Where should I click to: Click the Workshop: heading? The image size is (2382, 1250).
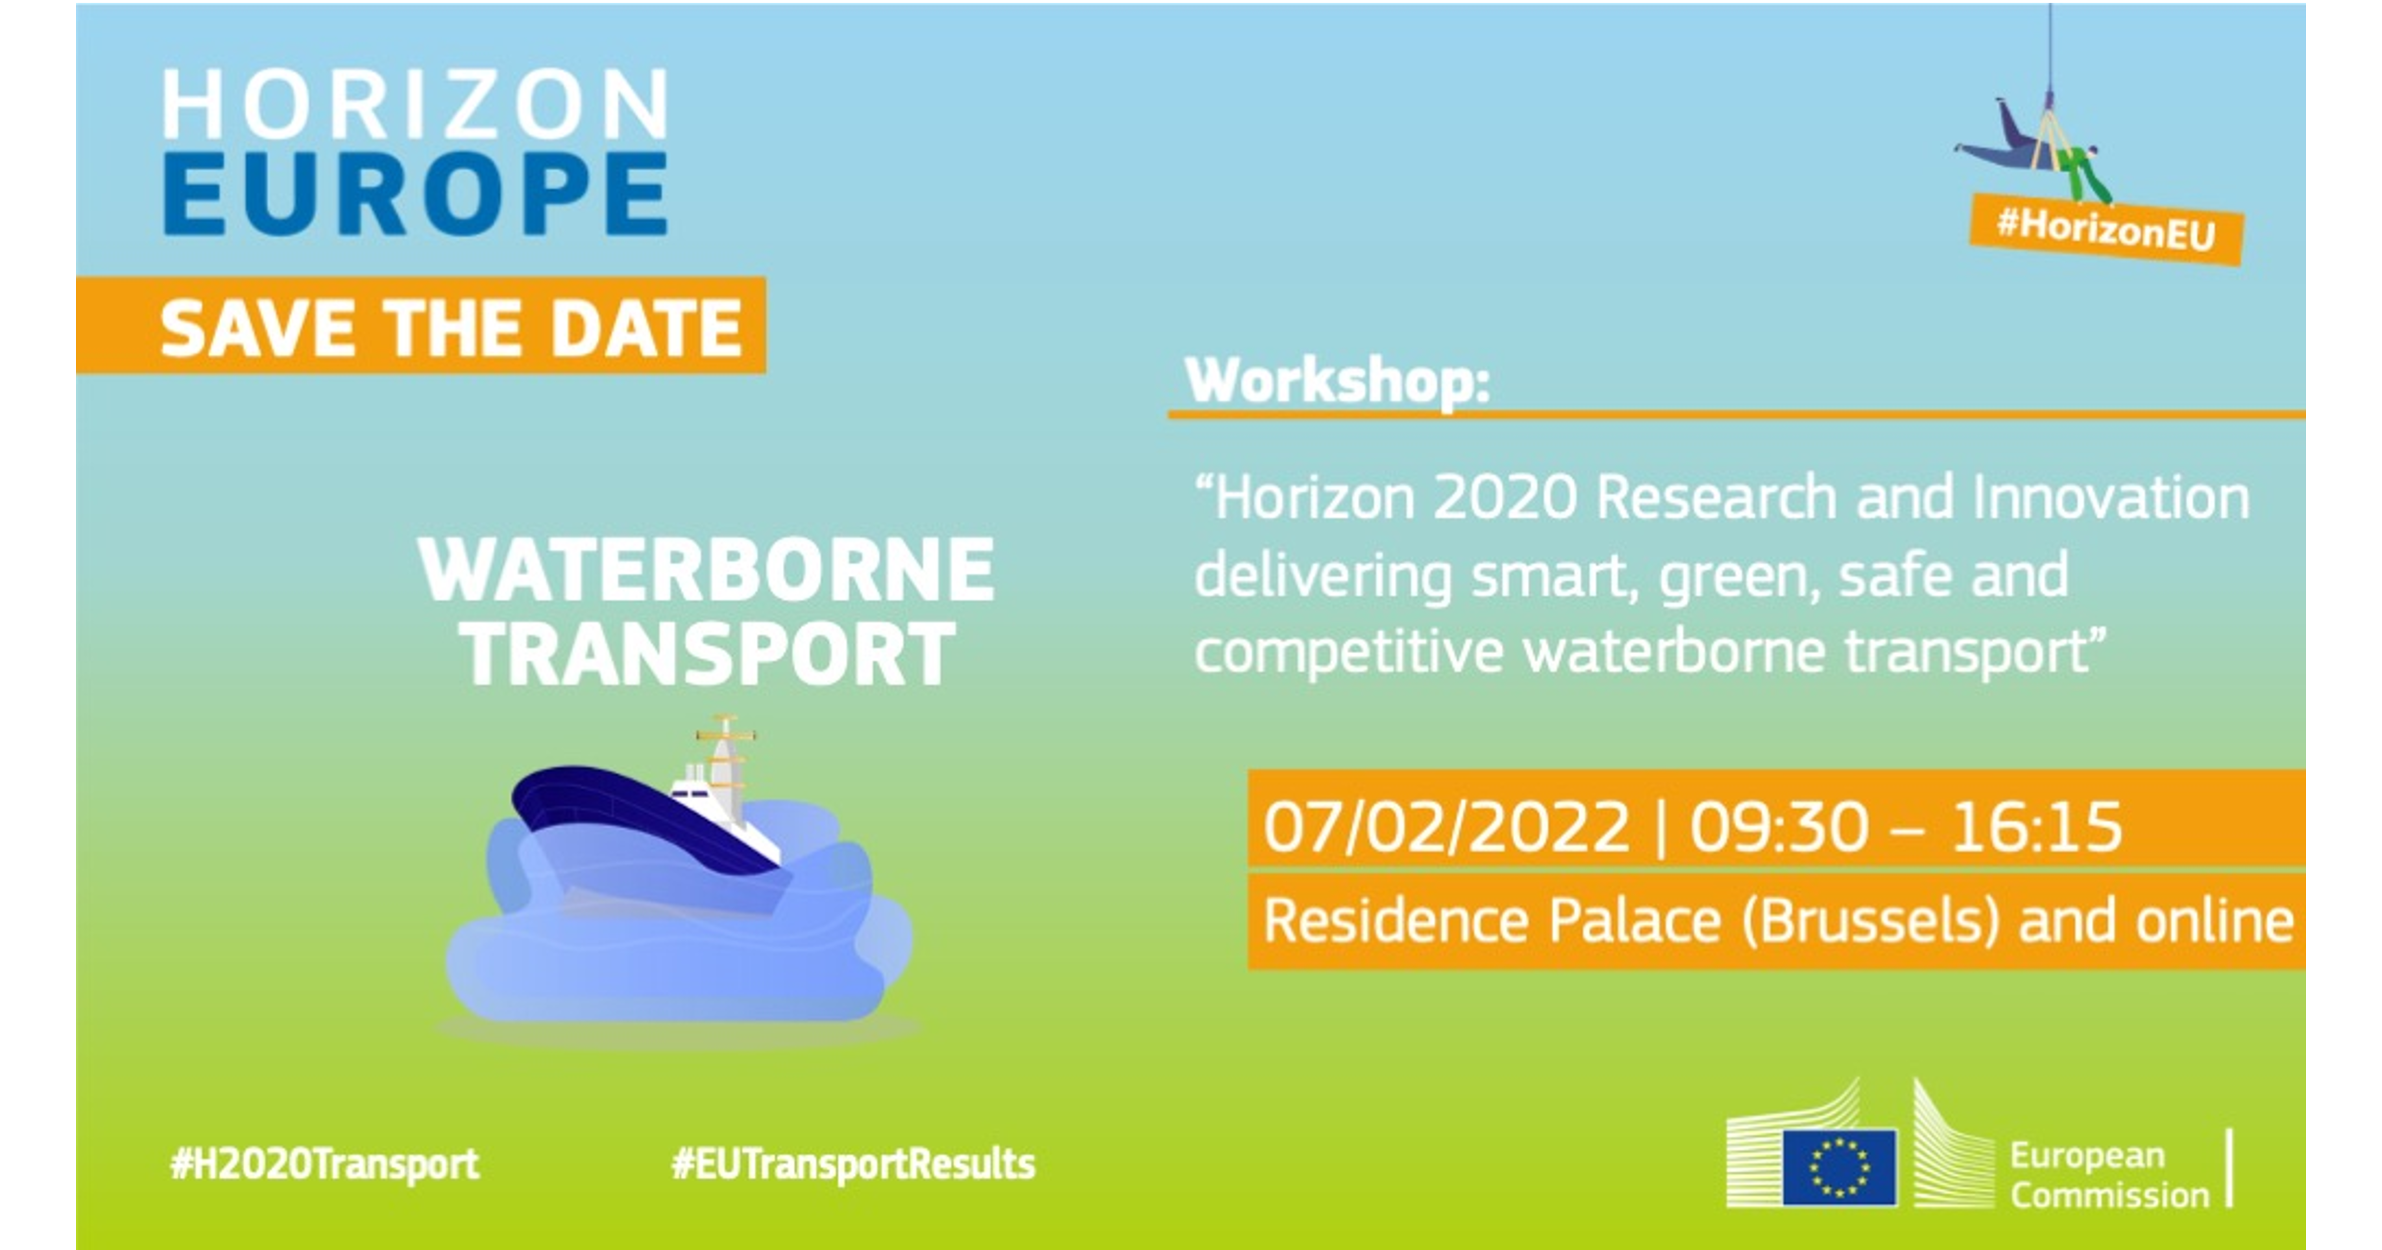point(1337,380)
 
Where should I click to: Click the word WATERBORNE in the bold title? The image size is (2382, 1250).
point(706,570)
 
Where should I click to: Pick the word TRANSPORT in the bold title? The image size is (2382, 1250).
point(708,654)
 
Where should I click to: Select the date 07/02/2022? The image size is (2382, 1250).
point(1446,826)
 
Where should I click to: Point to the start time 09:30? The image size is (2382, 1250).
point(1778,826)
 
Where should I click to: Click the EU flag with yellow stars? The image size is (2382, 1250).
point(1839,1167)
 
